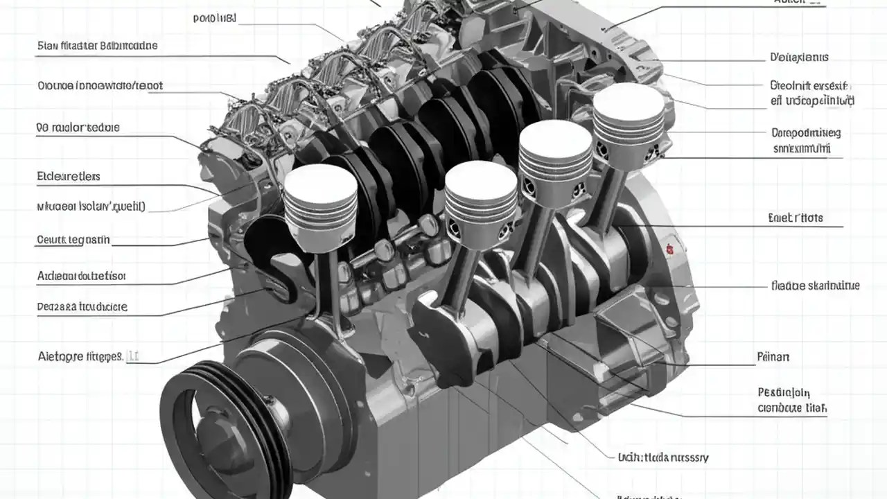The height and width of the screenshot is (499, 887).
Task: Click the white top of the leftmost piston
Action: click(320, 182)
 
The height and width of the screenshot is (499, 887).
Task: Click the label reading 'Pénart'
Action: click(773, 358)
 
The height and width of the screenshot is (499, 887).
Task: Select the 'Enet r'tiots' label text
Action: click(796, 218)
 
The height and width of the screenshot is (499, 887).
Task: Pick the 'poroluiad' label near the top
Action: click(215, 18)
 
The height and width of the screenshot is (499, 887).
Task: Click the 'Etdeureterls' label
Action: click(69, 177)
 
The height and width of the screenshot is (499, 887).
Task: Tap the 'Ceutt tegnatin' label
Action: click(73, 240)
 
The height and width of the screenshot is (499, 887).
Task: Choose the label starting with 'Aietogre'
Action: click(80, 356)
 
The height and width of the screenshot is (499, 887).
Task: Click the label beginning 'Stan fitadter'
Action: click(97, 46)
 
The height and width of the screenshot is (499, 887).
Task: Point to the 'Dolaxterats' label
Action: click(799, 57)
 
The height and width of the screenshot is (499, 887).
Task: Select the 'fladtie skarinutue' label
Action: click(815, 285)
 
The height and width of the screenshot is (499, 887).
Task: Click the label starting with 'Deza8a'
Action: click(82, 306)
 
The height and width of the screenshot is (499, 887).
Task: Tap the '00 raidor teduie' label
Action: click(78, 128)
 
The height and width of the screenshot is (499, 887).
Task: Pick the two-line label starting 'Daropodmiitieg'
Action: click(805, 140)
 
